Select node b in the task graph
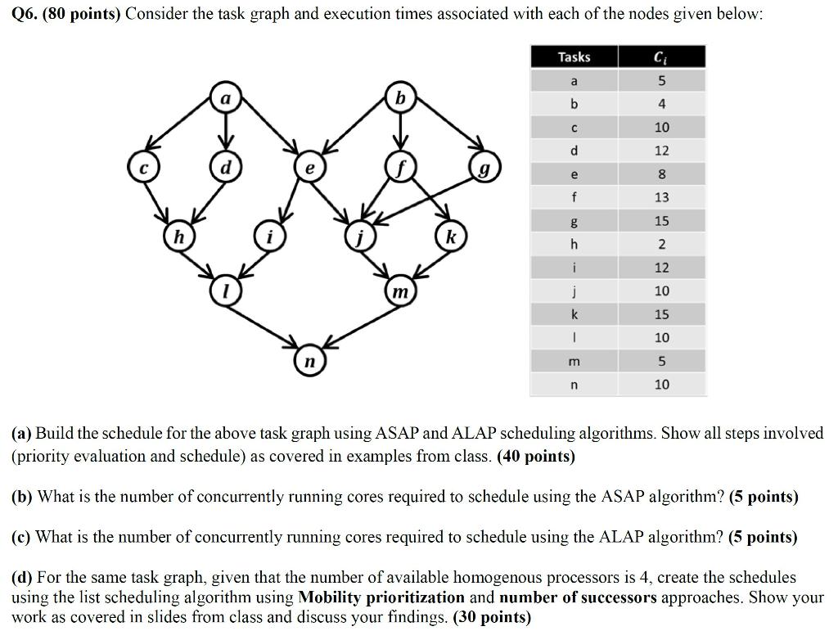click(399, 97)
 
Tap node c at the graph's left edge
click(142, 169)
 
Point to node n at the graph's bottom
click(309, 361)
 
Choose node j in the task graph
click(358, 238)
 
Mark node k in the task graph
click(449, 237)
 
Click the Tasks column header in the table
click(574, 56)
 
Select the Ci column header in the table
click(661, 56)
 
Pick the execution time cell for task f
click(661, 197)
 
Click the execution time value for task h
click(661, 244)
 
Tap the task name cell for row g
click(574, 221)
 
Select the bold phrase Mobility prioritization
click(381, 597)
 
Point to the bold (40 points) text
click(536, 456)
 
